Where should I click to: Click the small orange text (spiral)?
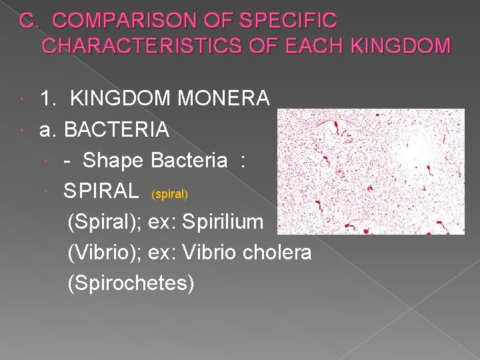pyautogui.click(x=170, y=195)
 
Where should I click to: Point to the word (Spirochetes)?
pyautogui.click(x=131, y=283)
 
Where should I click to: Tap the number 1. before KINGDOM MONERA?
pyautogui.click(x=48, y=99)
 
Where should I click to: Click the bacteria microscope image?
pyautogui.click(x=371, y=172)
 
